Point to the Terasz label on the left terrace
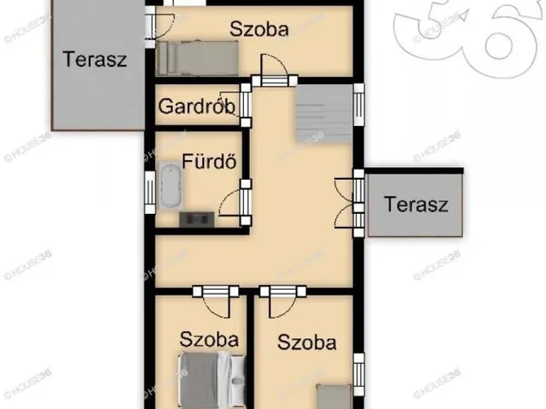[x=95, y=60]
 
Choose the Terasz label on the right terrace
[x=415, y=204]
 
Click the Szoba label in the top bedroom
[x=259, y=29]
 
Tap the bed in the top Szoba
[x=197, y=59]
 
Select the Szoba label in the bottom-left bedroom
[x=209, y=338]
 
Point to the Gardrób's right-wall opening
[x=246, y=103]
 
